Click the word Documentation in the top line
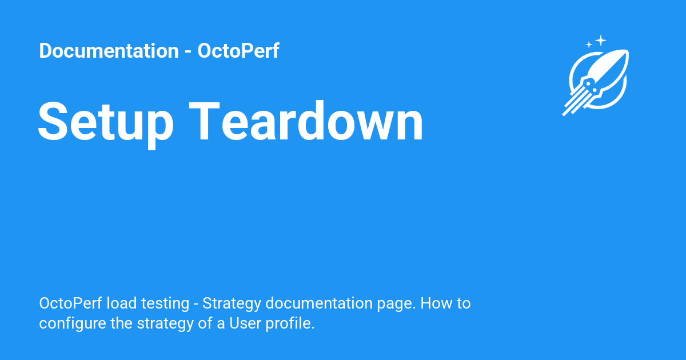pyautogui.click(x=109, y=51)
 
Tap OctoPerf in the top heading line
pyautogui.click(x=238, y=51)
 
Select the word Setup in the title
pyautogui.click(x=106, y=122)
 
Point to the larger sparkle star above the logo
pyautogui.click(x=600, y=40)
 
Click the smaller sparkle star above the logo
pyautogui.click(x=589, y=45)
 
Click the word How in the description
pyautogui.click(x=436, y=303)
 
